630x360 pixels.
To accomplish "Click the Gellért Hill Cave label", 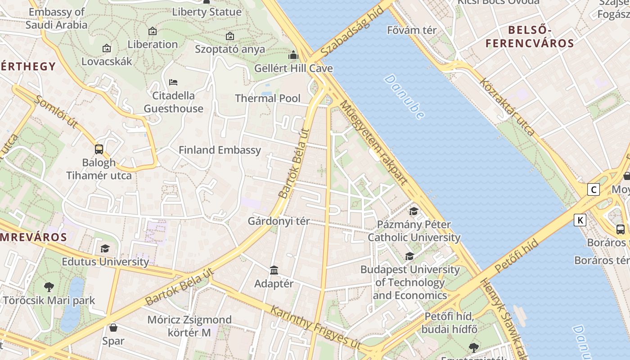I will (293, 68).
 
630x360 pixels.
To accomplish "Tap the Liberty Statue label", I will (207, 12).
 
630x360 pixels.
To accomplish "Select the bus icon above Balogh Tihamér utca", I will (99, 149).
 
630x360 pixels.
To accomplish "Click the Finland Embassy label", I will (220, 150).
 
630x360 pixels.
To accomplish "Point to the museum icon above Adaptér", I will (274, 270).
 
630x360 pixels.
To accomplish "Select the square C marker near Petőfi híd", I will (594, 189).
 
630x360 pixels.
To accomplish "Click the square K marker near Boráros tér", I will (580, 220).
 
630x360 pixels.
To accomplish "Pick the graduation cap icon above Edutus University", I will (105, 248).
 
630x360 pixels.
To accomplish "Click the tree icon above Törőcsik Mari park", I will (49, 287).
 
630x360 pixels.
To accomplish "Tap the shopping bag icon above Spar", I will (113, 328).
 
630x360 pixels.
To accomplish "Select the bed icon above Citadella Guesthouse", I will (173, 82).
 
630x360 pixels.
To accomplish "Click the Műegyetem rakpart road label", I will (374, 143).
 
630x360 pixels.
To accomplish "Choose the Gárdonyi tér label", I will (279, 221).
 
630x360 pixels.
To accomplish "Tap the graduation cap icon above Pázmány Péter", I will (414, 211).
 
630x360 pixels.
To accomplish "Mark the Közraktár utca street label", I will (508, 107).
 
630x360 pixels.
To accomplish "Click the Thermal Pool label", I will (268, 98).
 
